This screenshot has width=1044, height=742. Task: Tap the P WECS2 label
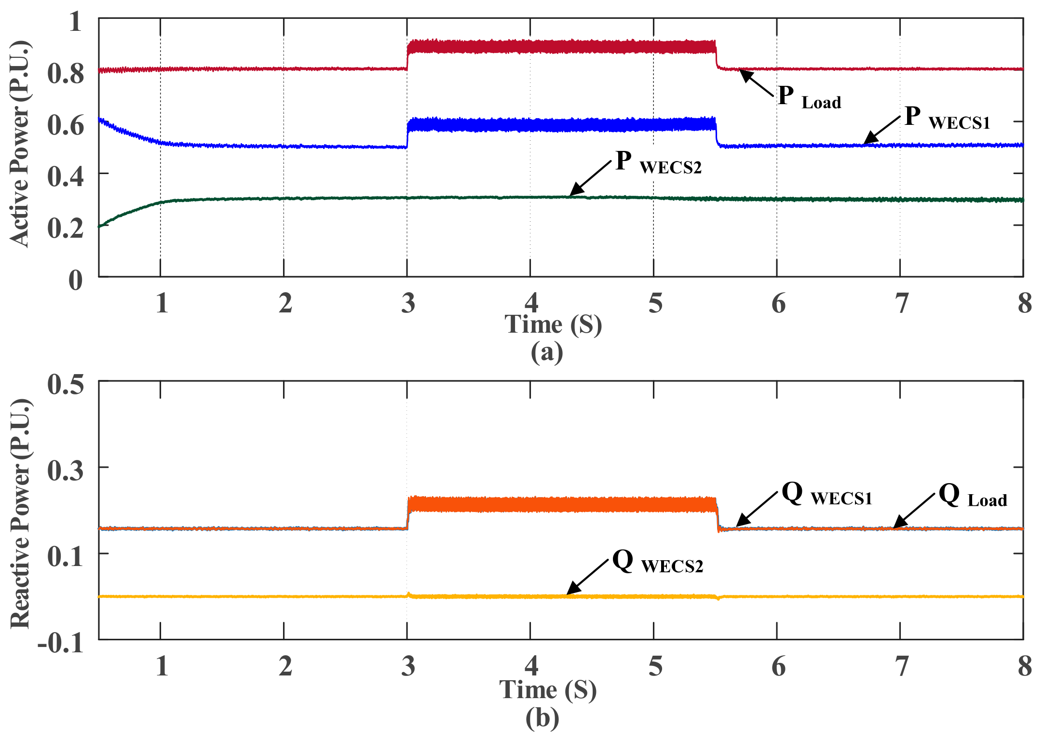[658, 162]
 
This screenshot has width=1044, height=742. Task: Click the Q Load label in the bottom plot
[973, 497]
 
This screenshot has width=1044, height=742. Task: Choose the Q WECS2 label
[657, 562]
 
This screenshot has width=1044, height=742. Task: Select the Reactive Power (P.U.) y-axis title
[20, 513]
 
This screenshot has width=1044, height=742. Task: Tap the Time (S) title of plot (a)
[553, 324]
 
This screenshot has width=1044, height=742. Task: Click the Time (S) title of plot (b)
[548, 690]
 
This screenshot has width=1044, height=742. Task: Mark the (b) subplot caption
[542, 718]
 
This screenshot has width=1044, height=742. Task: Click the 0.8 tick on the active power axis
[66, 74]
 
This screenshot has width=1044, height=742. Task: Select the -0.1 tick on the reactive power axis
[61, 644]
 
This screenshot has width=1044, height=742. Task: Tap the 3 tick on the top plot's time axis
[408, 304]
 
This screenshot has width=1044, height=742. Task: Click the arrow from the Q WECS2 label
[587, 577]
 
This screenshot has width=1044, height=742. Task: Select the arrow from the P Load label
[757, 82]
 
